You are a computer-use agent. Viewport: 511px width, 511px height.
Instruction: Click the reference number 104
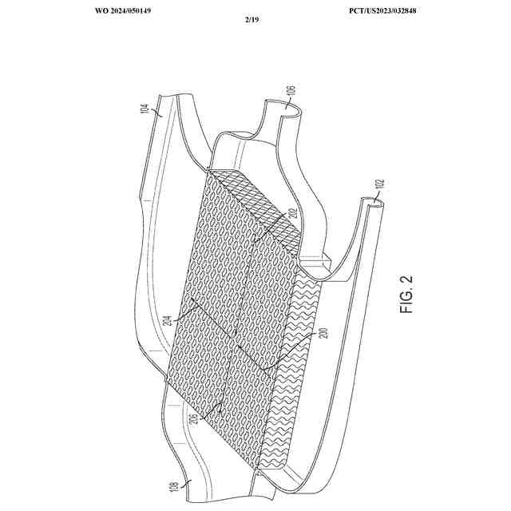click(x=145, y=110)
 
